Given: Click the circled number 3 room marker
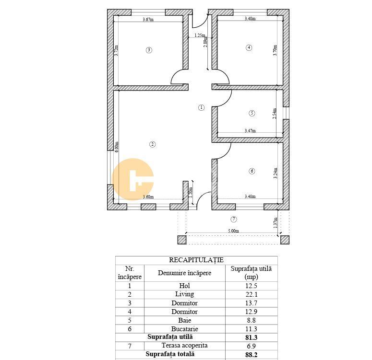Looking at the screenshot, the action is pos(149,50).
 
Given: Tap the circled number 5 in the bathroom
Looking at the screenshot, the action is pos(252,113).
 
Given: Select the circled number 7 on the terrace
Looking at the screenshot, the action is pos(234,219).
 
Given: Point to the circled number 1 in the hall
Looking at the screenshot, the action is pos(201,107).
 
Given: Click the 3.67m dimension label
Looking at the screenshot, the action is pos(148,20).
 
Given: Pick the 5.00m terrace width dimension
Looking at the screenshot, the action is pos(233,231).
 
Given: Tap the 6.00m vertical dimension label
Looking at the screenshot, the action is pos(117,147).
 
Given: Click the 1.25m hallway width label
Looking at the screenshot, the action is pos(200,35).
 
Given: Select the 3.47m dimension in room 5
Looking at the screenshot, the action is pos(250,130).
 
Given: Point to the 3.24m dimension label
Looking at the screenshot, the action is pos(275,173).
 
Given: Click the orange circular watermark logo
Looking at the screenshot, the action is pos(132,179).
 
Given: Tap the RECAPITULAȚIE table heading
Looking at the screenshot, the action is pos(196,260).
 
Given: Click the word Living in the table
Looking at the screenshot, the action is pos(185,294).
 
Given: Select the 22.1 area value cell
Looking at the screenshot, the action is pos(251,294).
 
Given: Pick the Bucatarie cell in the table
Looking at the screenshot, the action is pos(185,329).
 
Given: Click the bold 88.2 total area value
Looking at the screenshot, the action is pos(251,355).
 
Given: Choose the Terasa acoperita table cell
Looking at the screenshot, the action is pos(185,346).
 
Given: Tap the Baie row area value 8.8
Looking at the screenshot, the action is pos(251,320).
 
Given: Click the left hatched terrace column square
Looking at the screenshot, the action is pos(182,240).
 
